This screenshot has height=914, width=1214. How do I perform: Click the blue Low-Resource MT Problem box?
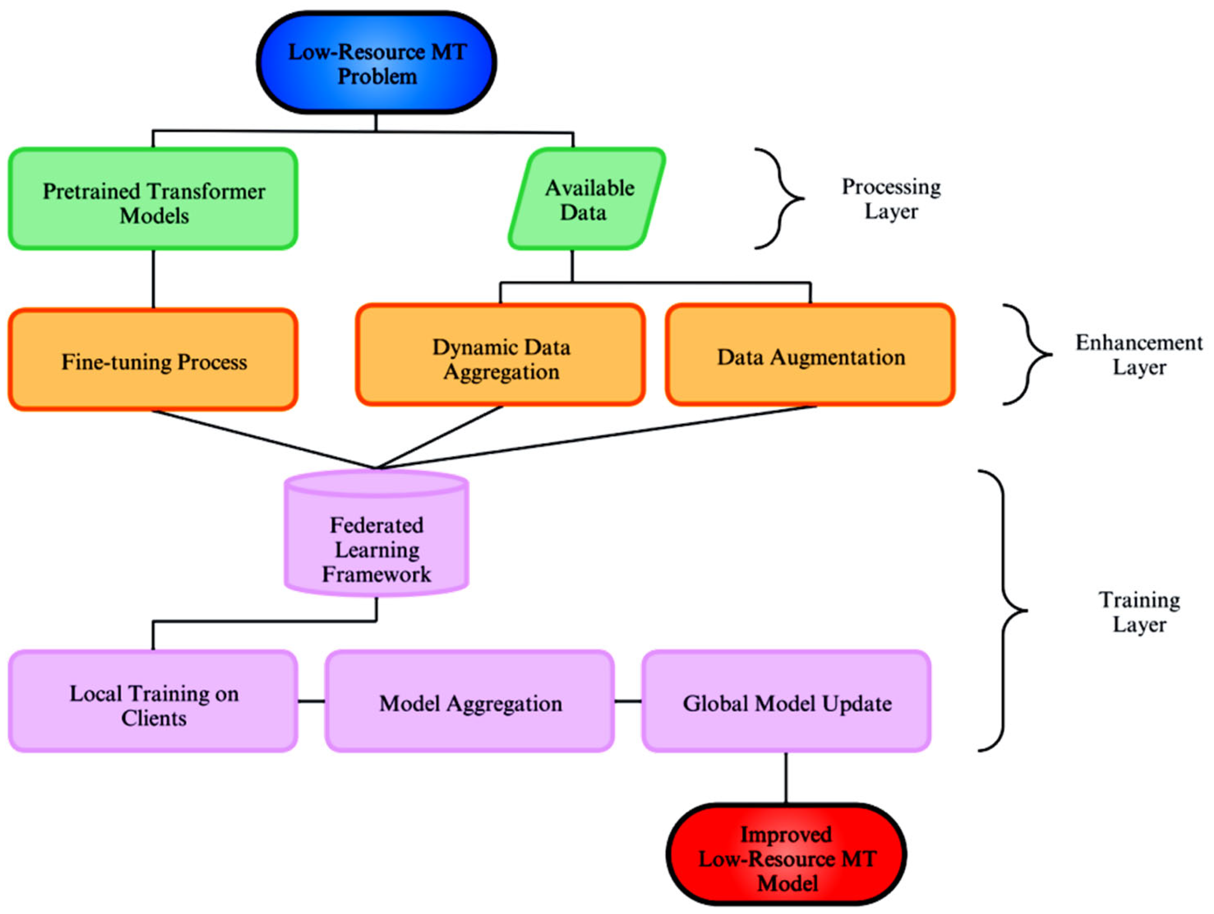(x=376, y=63)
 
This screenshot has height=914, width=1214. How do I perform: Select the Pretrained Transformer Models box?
(x=153, y=199)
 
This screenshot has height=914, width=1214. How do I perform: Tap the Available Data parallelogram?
(x=586, y=199)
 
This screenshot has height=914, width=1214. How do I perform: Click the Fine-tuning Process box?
(x=153, y=360)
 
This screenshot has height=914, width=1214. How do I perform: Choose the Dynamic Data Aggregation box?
(x=500, y=355)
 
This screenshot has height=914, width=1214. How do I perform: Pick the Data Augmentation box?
(x=810, y=355)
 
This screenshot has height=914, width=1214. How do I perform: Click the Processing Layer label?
(x=891, y=199)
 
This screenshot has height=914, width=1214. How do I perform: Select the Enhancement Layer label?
(x=1138, y=355)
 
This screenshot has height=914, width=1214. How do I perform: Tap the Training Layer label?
(x=1139, y=612)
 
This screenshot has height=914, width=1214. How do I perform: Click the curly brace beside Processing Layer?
(x=779, y=199)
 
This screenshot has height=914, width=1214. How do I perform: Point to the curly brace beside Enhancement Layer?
(x=1028, y=355)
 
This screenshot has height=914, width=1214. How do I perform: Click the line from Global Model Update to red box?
(x=786, y=777)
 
